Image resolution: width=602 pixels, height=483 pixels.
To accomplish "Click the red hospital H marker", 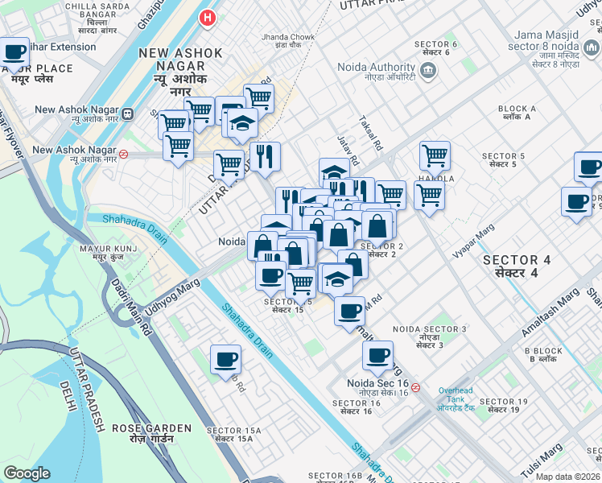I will tap(208, 17).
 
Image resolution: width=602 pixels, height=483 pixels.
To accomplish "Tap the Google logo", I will tap(27, 473).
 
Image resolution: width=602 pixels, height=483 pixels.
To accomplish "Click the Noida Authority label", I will tap(379, 70).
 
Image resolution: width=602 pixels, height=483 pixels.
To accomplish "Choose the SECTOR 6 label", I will tap(435, 47).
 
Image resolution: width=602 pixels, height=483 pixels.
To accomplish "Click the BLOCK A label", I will tap(517, 112).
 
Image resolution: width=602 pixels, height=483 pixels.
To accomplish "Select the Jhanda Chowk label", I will tap(287, 42).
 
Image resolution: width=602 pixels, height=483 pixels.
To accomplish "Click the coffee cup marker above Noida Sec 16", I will tap(377, 356).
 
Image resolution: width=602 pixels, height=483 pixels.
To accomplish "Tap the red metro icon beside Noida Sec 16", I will tap(415, 387).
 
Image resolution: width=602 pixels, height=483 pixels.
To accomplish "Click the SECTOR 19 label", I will tap(502, 406).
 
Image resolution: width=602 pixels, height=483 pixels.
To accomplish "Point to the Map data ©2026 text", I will tap(567, 476).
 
